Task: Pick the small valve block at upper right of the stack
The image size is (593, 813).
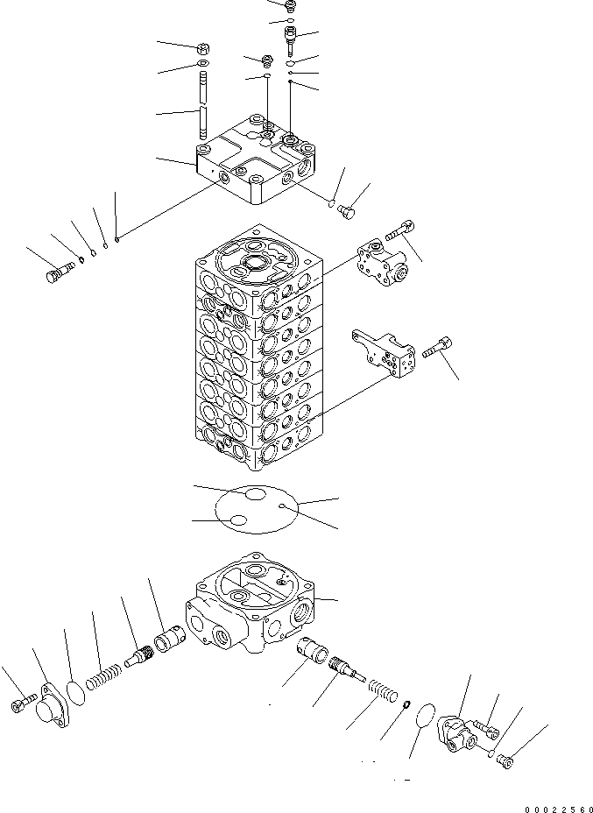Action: click(379, 262)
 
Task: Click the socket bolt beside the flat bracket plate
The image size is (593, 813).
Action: click(435, 349)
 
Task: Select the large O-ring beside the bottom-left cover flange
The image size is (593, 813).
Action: click(77, 690)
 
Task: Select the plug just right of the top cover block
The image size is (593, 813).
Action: click(345, 210)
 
